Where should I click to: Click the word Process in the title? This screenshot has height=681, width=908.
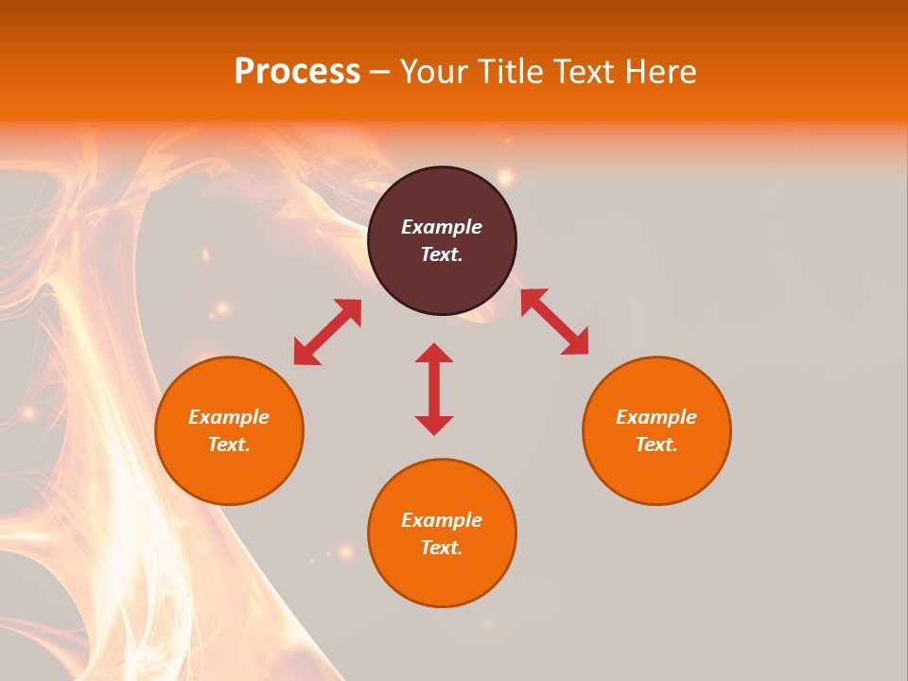297,72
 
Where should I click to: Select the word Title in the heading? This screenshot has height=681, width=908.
513,72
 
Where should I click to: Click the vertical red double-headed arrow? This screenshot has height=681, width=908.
434,389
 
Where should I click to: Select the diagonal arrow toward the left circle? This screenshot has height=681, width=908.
327,332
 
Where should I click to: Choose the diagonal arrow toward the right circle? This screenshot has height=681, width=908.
554,322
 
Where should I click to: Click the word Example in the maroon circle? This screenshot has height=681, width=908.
442,227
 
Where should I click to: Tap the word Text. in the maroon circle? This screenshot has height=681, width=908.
442,254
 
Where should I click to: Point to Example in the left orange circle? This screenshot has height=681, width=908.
229,417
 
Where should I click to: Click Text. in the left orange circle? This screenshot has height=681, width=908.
229,445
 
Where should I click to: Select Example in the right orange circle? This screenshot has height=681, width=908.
656,417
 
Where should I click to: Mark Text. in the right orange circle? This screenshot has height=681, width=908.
656,445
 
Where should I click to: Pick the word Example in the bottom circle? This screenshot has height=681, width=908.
442,520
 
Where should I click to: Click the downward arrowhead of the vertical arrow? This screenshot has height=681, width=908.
434,425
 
